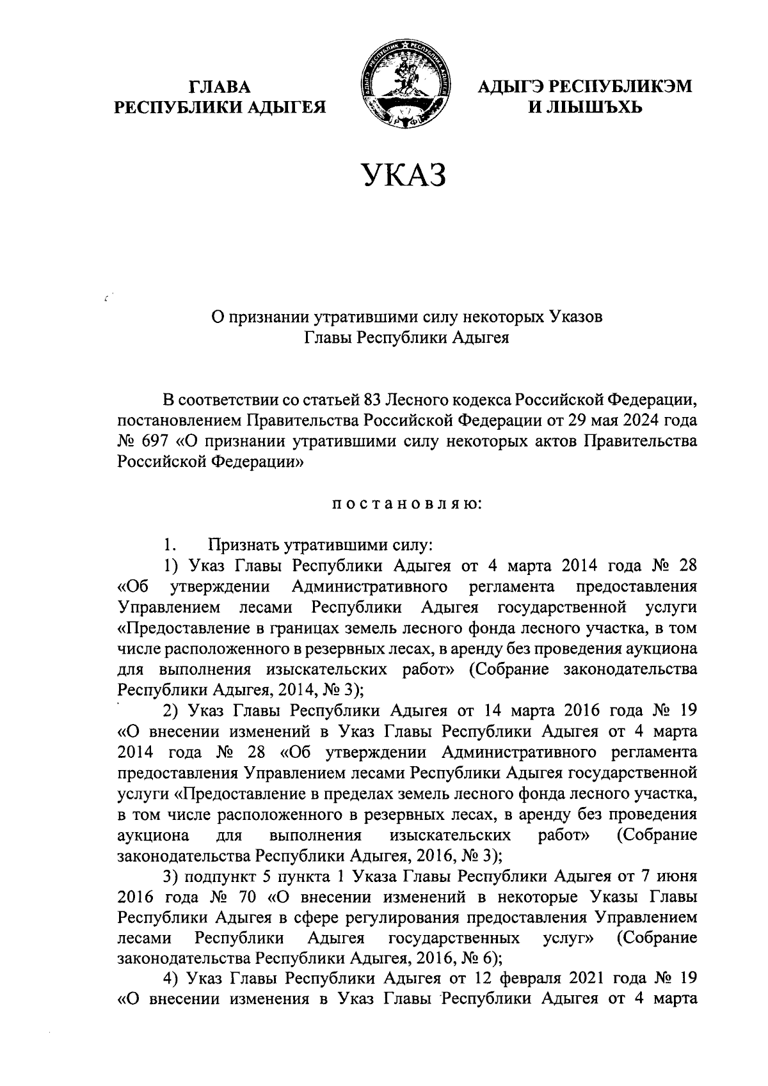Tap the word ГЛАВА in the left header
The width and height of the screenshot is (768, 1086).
point(220,86)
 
